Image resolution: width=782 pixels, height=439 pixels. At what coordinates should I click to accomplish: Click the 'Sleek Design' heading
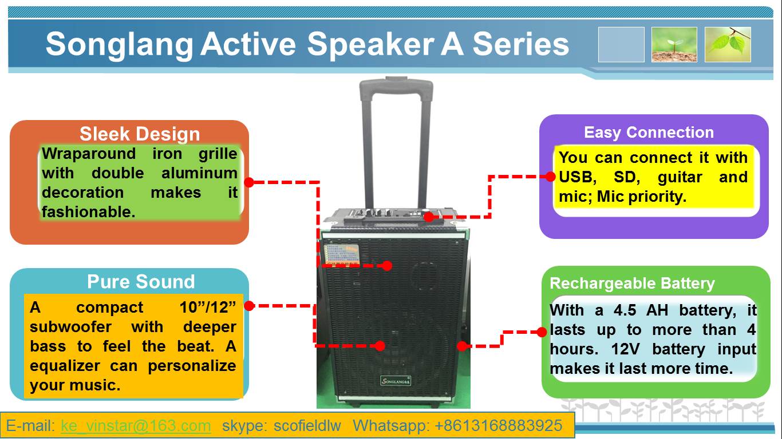140,134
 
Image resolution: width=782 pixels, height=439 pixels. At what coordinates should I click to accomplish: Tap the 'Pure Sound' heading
141,281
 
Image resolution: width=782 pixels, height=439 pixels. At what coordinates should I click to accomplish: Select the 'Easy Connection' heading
649,133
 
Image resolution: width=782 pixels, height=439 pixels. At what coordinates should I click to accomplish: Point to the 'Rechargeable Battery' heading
632,284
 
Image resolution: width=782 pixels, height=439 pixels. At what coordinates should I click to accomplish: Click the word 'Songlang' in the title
120,45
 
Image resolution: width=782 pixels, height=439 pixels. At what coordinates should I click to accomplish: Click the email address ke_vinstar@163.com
136,426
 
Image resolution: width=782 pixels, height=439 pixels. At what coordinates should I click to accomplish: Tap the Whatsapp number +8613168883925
498,426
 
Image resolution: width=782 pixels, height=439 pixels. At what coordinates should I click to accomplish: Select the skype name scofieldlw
307,426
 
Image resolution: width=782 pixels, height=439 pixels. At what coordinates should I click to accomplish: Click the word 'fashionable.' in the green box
89,212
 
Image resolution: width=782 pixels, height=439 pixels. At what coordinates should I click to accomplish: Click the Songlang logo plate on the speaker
395,380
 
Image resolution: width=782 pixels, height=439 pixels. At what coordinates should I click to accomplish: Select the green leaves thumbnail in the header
728,45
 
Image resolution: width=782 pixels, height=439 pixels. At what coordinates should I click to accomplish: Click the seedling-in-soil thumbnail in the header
674,45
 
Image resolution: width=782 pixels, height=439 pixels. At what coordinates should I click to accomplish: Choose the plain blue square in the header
621,45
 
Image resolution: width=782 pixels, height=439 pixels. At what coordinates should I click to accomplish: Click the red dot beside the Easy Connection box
550,177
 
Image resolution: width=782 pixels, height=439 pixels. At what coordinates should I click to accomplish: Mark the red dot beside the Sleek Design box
249,182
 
